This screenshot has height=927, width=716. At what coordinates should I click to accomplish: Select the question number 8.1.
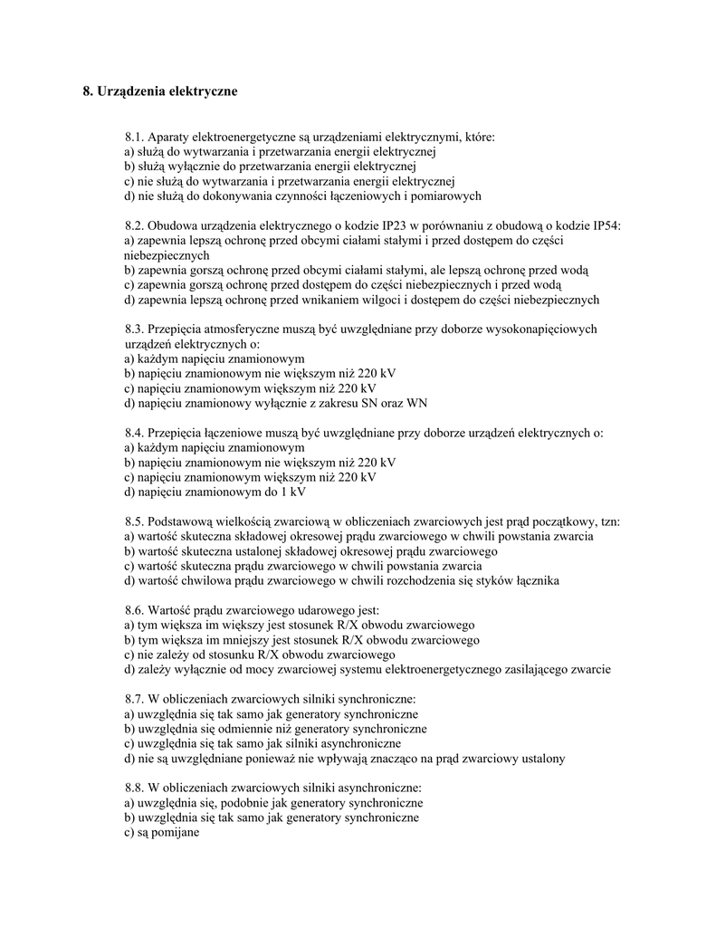(x=134, y=137)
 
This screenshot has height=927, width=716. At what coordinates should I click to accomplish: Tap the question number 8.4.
(x=134, y=433)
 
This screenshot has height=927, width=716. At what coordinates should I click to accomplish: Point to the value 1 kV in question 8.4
(x=291, y=492)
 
